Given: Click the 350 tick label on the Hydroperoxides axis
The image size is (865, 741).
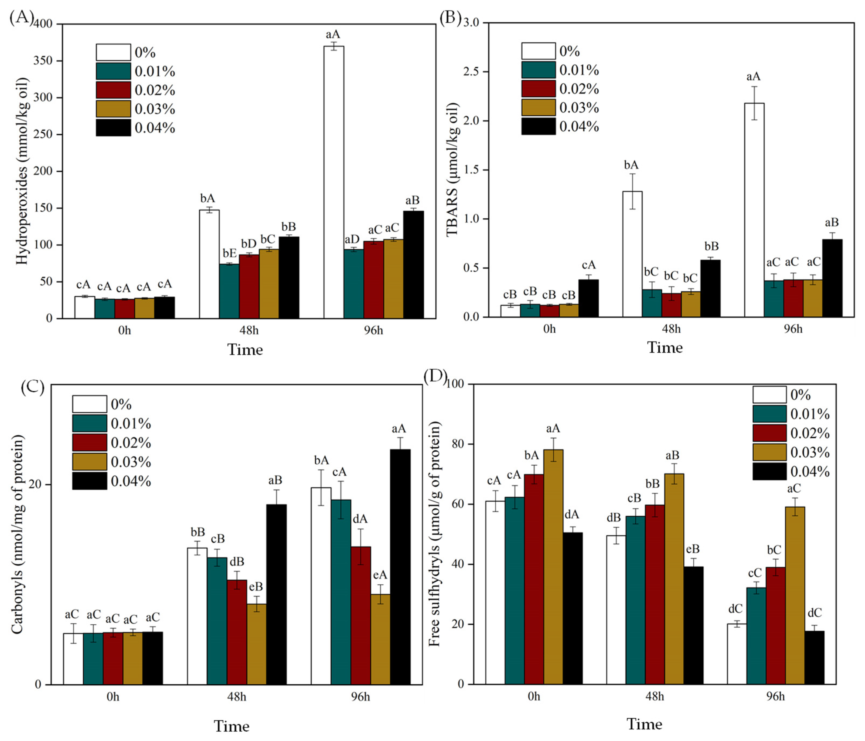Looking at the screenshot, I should (43, 61).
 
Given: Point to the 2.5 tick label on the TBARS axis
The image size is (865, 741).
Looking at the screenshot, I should (471, 72).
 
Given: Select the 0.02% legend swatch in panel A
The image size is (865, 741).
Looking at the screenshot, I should (113, 90).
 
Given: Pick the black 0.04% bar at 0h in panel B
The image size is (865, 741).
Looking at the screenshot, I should (588, 298).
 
